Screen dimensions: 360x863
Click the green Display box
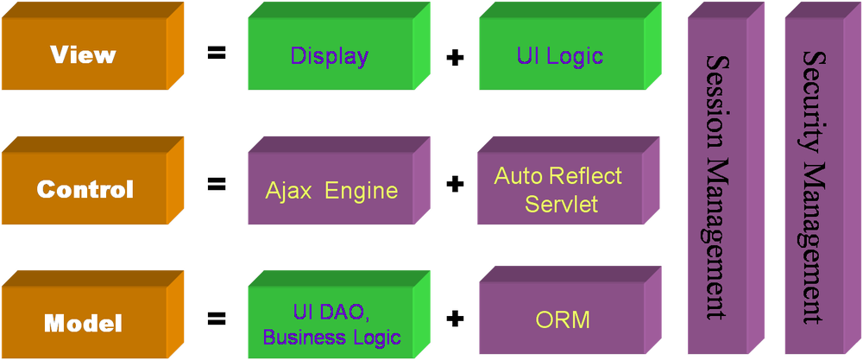click(330, 56)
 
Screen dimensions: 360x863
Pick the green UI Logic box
click(560, 56)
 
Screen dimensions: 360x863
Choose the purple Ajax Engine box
click(330, 190)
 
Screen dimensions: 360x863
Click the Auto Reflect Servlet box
click(558, 190)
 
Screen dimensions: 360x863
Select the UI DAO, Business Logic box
click(330, 324)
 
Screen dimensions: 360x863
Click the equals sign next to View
click(216, 54)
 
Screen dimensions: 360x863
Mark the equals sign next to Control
click(216, 184)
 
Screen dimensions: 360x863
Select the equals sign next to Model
click(216, 319)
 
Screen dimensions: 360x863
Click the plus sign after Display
click(454, 58)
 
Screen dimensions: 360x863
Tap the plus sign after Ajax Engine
click(454, 185)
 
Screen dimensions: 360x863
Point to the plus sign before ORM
click(454, 319)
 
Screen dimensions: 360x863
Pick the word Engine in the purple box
click(362, 191)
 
